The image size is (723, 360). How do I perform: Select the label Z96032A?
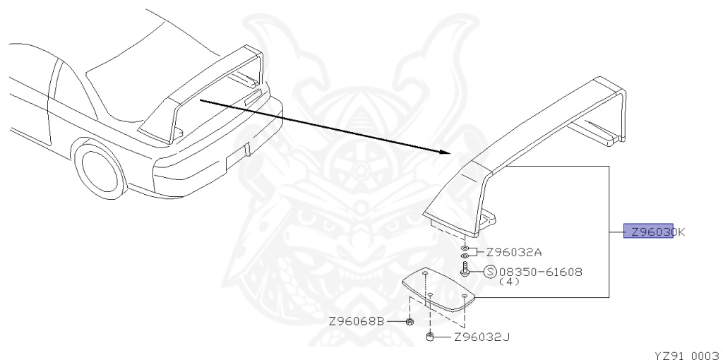[513, 252]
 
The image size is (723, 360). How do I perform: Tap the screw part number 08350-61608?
[541, 272]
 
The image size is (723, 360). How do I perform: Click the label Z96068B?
[357, 322]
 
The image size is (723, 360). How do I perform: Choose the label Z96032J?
[482, 337]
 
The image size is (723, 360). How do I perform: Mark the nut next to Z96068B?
[410, 323]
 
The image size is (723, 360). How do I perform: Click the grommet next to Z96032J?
[430, 337]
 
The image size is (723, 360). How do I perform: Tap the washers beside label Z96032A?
[465, 252]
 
